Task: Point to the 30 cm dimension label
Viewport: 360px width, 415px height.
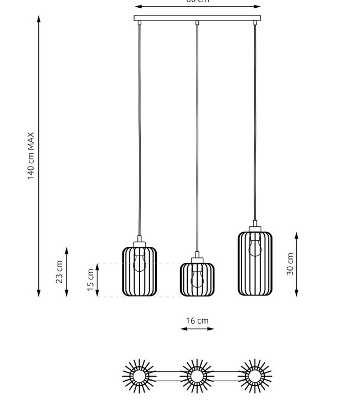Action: [290, 264]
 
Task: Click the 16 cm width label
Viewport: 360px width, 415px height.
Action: [197, 320]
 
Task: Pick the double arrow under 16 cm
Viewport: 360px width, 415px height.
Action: [197, 329]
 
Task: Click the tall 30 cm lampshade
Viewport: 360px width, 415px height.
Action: [255, 264]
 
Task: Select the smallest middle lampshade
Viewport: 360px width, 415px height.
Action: [197, 280]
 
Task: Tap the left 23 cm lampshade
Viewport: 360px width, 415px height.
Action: [140, 271]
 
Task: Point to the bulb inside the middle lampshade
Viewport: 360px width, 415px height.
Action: [197, 276]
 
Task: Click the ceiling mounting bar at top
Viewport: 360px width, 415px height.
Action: [197, 19]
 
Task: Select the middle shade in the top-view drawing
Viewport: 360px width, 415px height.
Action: [197, 377]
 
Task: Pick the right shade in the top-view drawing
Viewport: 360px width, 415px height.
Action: [255, 377]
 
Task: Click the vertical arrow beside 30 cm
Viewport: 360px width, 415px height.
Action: [297, 264]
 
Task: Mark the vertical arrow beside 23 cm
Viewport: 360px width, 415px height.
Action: [66, 272]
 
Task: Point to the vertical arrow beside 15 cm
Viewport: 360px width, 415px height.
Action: [98, 280]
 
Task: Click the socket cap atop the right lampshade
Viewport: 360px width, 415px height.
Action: [255, 227]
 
